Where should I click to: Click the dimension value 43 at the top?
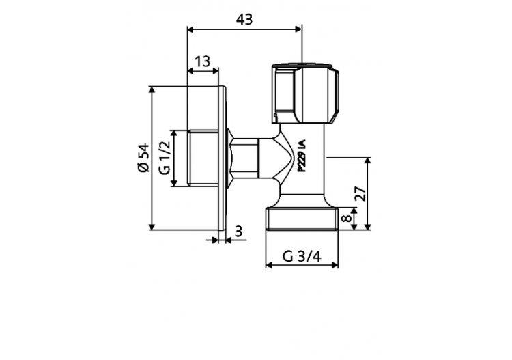pyautogui.click(x=244, y=19)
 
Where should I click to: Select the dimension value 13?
pyautogui.click(x=201, y=61)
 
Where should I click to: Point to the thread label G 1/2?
pyautogui.click(x=165, y=158)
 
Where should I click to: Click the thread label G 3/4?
pyautogui.click(x=301, y=257)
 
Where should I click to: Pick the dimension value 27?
pyautogui.click(x=362, y=194)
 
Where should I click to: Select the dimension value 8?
pyautogui.click(x=347, y=220)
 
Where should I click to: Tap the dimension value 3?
pyautogui.click(x=238, y=232)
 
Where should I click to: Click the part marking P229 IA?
pyautogui.click(x=301, y=158)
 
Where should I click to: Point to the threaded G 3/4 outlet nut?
pyautogui.click(x=301, y=218)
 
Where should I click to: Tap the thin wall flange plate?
pyautogui.click(x=222, y=158)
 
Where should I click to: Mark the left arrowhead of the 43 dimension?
pyautogui.click(x=190, y=29)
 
